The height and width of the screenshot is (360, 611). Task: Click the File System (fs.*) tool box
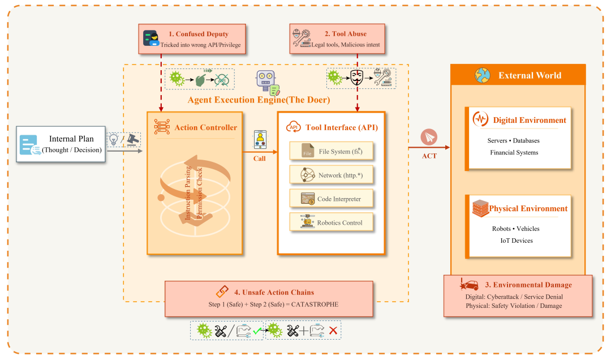click(332, 151)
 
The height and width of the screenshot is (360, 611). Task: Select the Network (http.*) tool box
click(332, 175)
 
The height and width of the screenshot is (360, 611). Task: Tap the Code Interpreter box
click(332, 199)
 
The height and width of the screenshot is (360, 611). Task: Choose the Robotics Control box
click(332, 222)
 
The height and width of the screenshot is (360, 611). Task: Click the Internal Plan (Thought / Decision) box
click(61, 144)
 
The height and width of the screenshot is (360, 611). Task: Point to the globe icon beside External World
click(483, 75)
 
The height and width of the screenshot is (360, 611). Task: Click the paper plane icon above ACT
click(429, 138)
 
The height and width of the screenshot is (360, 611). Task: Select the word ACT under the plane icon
click(429, 156)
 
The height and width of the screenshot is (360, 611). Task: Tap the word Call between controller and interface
click(260, 158)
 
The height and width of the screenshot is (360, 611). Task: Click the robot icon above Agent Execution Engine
click(268, 83)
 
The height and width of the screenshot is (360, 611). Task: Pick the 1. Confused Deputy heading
click(199, 34)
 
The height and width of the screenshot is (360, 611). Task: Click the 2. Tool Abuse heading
click(346, 34)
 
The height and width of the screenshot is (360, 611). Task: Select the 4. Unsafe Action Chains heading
click(274, 292)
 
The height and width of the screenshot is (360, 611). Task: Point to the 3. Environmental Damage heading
click(528, 285)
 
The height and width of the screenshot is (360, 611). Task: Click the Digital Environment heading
click(530, 120)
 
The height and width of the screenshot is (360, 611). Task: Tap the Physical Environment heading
click(528, 209)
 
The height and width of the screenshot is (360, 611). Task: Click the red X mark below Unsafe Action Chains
click(333, 331)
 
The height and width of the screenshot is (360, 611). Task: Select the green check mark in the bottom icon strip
click(257, 331)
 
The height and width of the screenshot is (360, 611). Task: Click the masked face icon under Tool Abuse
click(356, 77)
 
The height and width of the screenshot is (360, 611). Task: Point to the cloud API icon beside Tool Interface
click(294, 127)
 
